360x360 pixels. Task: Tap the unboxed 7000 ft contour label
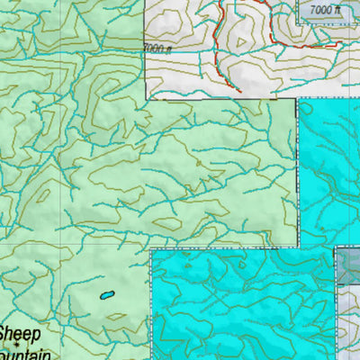click(x=156, y=49)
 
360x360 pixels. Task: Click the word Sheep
click(x=20, y=334)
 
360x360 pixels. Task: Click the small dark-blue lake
click(x=106, y=294)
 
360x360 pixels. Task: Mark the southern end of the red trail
click(x=240, y=89)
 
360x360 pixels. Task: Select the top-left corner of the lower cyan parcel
click(x=151, y=251)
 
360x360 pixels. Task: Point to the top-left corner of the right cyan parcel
click(x=299, y=98)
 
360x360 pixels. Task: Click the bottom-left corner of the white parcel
click(x=146, y=96)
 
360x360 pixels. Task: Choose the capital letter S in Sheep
click(x=5, y=334)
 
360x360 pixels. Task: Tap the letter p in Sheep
click(x=37, y=336)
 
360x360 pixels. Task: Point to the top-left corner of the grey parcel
click(x=337, y=249)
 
